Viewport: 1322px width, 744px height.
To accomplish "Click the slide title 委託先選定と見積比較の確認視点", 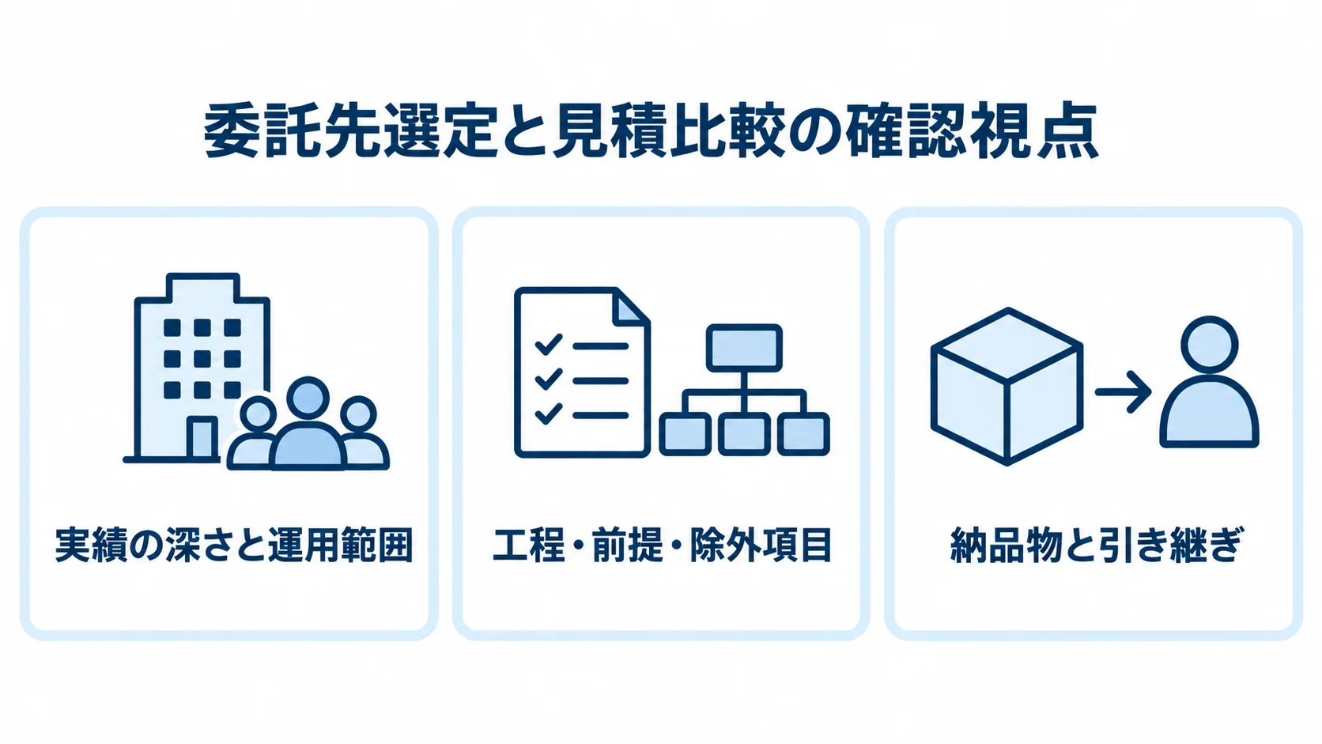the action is point(651,131).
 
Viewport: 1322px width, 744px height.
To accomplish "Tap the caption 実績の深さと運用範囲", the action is point(234,545).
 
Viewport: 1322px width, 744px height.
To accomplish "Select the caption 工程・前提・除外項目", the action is point(662,545).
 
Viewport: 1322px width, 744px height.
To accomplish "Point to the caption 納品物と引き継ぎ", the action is point(1096,545).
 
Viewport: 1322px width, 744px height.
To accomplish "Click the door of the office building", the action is point(202,437).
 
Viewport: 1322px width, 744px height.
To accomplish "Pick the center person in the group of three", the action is point(308,424).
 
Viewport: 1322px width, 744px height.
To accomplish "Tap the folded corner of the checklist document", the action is point(630,307).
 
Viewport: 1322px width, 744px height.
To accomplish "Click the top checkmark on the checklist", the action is point(548,345).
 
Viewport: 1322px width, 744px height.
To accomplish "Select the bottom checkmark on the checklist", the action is point(548,414).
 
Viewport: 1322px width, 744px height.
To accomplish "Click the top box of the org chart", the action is point(744,348).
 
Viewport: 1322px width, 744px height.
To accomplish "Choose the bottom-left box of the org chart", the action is point(686,433).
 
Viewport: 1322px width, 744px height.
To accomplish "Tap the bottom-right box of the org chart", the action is point(803,433).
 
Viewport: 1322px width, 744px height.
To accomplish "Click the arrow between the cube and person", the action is point(1123,391).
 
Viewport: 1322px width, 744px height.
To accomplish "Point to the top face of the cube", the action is point(1007,345).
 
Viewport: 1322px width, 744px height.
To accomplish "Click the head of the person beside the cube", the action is point(1209,345).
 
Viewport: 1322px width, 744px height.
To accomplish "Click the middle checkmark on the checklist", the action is point(548,379).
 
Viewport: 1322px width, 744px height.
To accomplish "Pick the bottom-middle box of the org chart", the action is point(744,433).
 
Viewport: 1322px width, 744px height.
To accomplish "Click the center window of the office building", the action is point(202,359).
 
